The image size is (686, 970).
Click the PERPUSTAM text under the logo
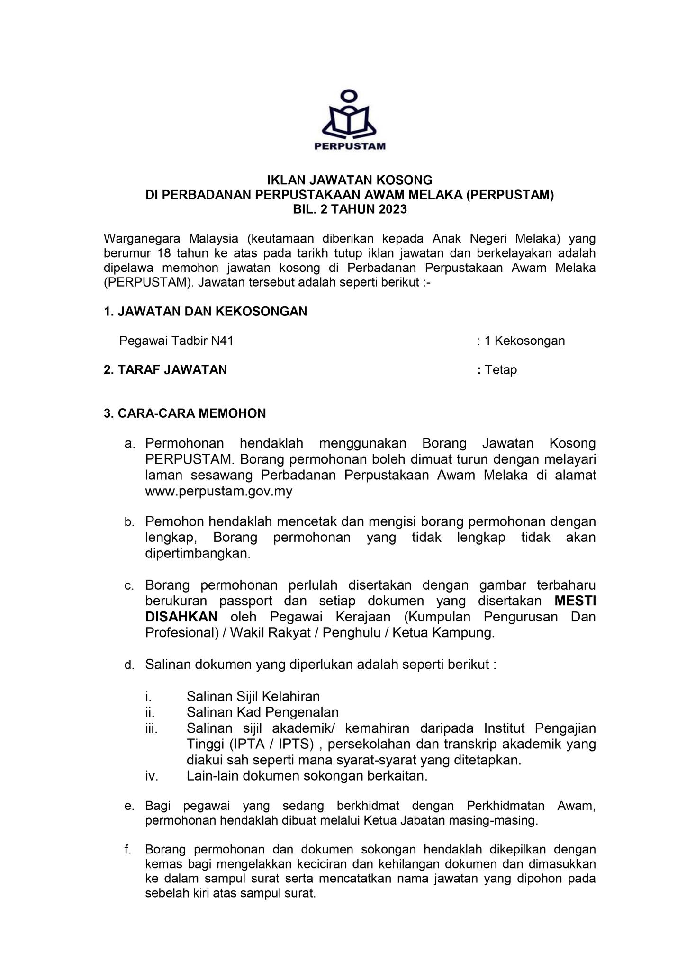(x=350, y=146)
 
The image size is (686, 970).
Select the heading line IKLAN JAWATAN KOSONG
(x=350, y=180)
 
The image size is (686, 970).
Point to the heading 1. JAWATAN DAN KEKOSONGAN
(x=205, y=311)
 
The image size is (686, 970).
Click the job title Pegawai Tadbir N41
(x=176, y=341)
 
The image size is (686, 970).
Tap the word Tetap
(x=501, y=370)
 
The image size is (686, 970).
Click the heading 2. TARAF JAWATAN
(x=165, y=370)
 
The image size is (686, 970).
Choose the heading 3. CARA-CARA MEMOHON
(x=185, y=413)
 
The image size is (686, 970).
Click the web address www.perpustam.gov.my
(x=218, y=492)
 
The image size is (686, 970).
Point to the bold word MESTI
(x=575, y=601)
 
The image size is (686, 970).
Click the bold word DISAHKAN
(x=181, y=617)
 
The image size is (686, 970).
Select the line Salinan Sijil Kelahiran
(x=253, y=696)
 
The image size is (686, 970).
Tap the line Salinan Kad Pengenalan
(x=262, y=712)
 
